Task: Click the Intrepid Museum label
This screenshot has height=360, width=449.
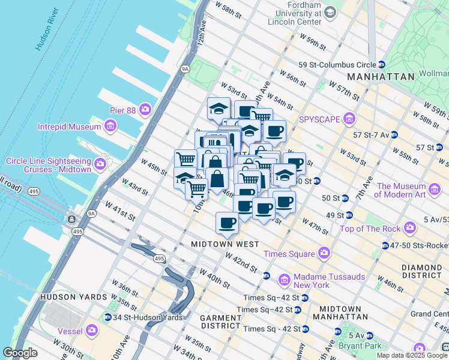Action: point(69,127)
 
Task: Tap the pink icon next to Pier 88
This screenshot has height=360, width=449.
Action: point(145,109)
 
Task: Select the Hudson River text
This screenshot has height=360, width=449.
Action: point(47,29)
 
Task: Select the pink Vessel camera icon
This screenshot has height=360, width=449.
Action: point(92,329)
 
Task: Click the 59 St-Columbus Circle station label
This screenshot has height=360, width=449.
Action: point(337,65)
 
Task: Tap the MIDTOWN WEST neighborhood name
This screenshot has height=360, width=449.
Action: point(225,244)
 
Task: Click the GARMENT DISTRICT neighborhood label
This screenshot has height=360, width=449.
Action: point(220,321)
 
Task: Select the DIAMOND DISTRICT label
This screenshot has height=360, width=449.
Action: point(423,271)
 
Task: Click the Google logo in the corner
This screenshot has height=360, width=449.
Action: point(20,353)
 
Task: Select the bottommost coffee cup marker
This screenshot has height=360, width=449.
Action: point(227,223)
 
